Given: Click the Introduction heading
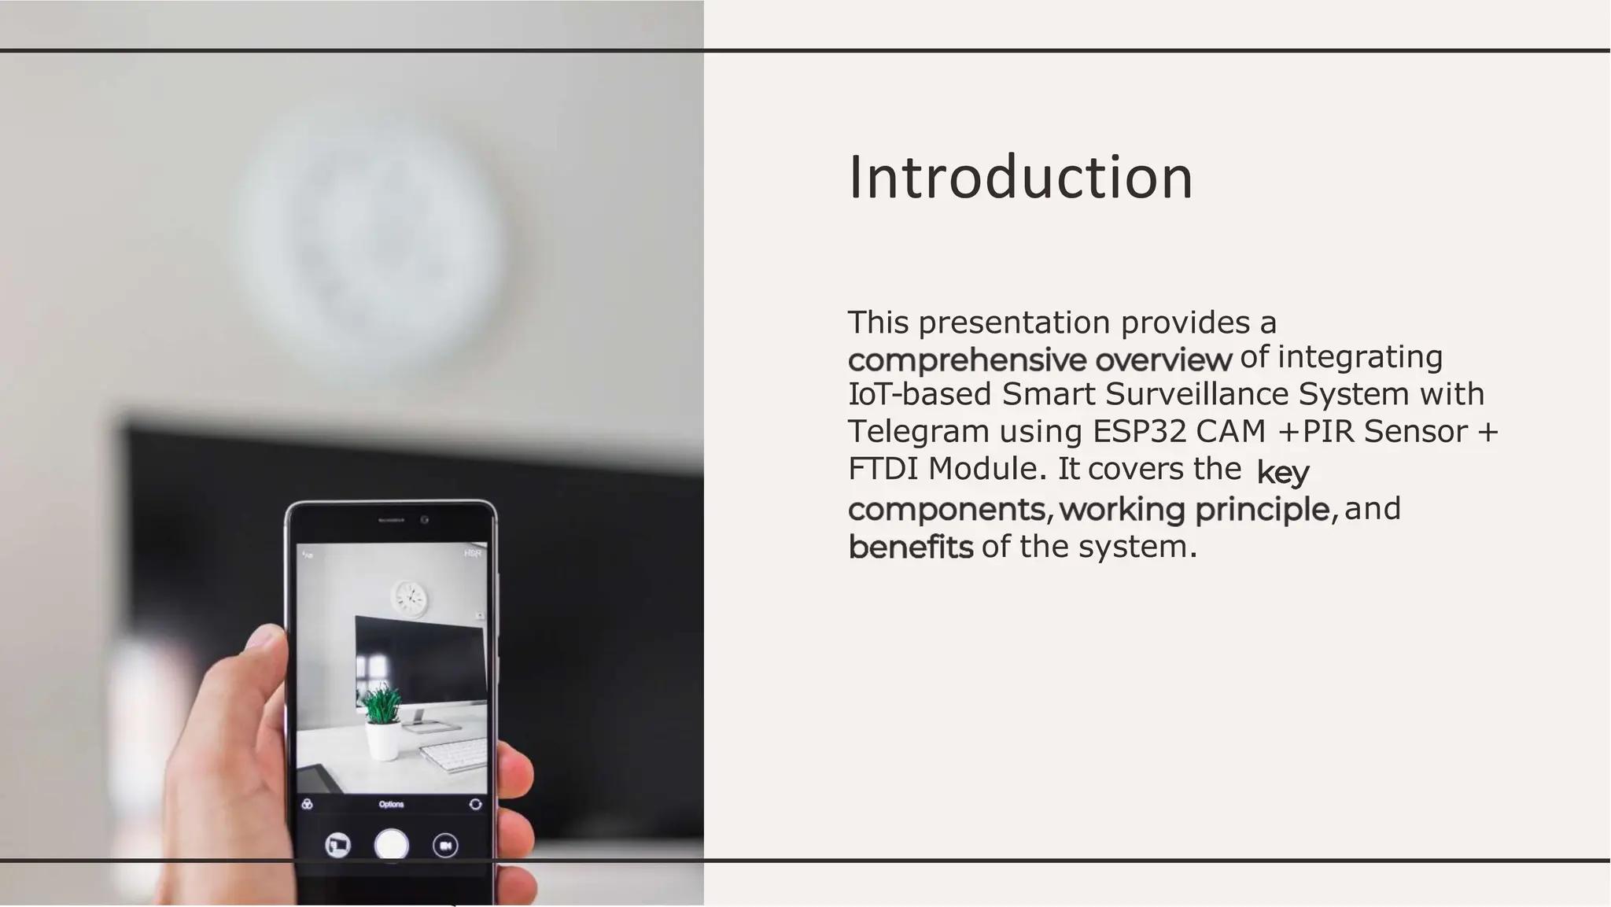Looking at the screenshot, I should point(1020,178).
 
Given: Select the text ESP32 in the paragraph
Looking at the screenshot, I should point(1139,431).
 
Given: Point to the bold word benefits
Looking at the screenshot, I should point(910,547).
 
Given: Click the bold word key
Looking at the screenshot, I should point(1282,472).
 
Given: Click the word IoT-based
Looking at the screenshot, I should point(919,393).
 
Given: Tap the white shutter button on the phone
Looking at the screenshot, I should point(391,845).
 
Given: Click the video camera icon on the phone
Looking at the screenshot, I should point(445,846).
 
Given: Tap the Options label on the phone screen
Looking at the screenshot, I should point(391,804).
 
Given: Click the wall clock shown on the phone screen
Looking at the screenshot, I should point(410,599).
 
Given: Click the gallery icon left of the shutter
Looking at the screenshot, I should point(337,846).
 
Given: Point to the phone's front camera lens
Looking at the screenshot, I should point(425,520).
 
